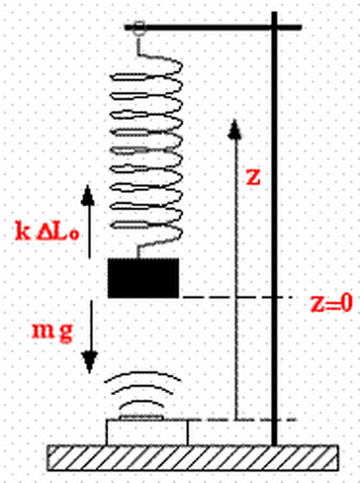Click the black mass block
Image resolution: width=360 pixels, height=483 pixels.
click(143, 278)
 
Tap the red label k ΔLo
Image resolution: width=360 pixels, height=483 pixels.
click(47, 231)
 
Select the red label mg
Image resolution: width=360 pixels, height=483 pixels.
click(53, 332)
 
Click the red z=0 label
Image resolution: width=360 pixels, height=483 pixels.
click(331, 303)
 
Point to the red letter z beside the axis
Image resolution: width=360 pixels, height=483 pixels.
click(254, 177)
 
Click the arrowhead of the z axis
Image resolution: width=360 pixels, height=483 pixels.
click(235, 130)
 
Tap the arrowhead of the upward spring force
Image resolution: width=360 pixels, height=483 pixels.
click(88, 195)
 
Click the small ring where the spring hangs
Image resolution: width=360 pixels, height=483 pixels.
click(139, 27)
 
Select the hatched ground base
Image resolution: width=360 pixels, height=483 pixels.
click(193, 458)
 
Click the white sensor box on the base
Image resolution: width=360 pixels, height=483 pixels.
click(147, 433)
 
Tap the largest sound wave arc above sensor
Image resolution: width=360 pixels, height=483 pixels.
click(143, 374)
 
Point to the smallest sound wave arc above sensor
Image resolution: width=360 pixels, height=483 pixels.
click(141, 403)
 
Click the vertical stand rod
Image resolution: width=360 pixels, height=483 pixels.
click(274, 228)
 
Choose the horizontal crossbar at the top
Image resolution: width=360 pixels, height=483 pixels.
click(213, 27)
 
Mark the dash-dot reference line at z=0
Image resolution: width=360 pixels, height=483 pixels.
click(237, 297)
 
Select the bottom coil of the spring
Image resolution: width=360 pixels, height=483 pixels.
click(146, 233)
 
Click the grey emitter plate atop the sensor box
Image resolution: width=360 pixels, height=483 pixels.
click(141, 417)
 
